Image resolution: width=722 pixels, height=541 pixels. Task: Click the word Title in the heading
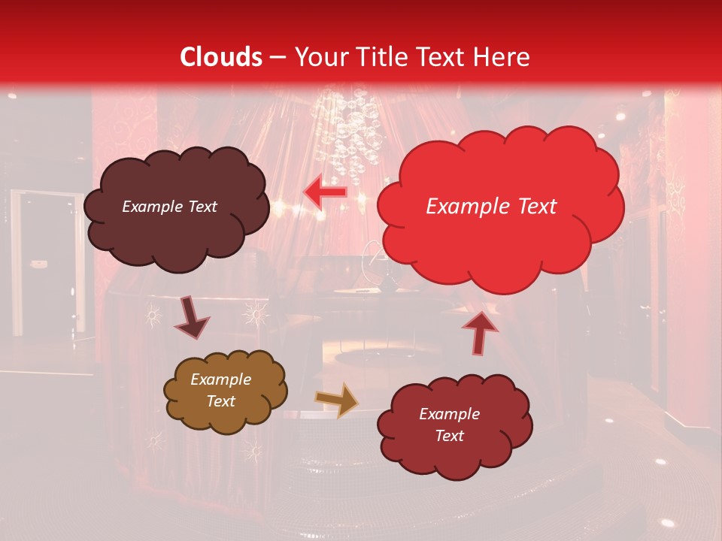pyautogui.click(x=378, y=57)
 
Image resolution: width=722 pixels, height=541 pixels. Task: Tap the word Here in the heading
pyautogui.click(x=505, y=57)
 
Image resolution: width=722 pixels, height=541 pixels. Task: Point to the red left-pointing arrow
pyautogui.click(x=325, y=192)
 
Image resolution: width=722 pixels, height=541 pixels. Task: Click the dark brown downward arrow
pyautogui.click(x=192, y=318)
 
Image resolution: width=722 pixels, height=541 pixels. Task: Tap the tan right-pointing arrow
pyautogui.click(x=337, y=400)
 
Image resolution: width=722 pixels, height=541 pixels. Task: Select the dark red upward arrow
pyautogui.click(x=480, y=331)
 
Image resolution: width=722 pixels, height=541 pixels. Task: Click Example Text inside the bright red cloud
pyautogui.click(x=491, y=207)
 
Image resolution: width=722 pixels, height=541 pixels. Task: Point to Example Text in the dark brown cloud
pyautogui.click(x=169, y=207)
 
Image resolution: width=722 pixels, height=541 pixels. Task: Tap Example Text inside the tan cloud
pyautogui.click(x=221, y=390)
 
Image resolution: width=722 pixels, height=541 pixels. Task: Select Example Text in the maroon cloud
pyautogui.click(x=449, y=425)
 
